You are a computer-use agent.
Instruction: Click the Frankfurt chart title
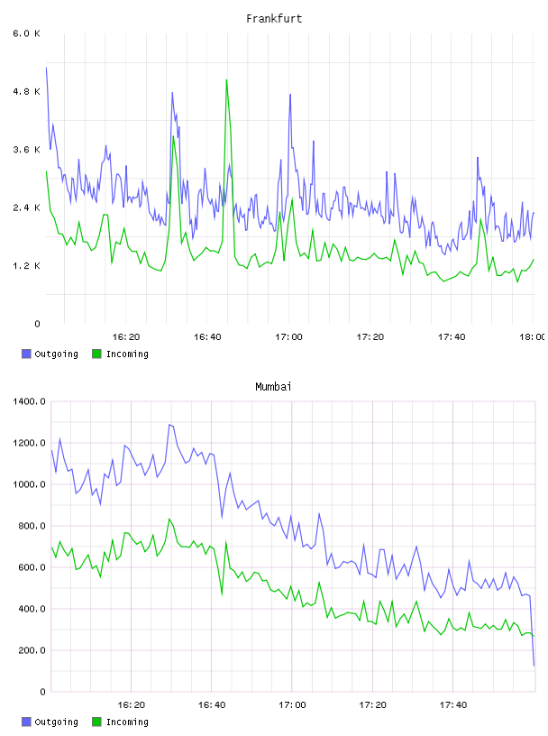274,19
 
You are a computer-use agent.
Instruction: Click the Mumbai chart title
273,387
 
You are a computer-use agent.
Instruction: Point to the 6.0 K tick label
27,33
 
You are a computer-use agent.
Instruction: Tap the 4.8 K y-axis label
27,91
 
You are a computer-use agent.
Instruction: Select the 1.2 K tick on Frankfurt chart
27,266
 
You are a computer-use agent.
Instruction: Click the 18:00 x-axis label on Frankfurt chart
533,337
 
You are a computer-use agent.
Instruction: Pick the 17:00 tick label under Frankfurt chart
288,337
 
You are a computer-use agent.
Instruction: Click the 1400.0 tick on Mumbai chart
29,401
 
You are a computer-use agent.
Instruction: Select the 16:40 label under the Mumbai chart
212,705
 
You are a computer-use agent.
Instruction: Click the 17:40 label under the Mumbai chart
453,705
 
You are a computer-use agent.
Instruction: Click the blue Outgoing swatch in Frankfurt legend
26,354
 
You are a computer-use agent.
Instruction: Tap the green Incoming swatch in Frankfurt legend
96,354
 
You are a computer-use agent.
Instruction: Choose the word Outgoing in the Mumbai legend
56,722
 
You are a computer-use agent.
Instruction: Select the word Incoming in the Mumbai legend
127,722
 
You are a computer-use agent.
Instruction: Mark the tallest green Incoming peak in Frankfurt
226,79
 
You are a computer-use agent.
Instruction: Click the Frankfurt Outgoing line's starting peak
47,68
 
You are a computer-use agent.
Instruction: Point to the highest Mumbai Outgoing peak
169,425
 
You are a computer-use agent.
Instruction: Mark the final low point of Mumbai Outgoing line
534,665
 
